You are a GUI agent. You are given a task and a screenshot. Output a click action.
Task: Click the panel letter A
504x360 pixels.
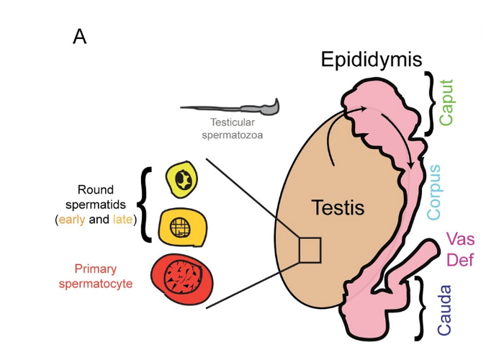coord(79,37)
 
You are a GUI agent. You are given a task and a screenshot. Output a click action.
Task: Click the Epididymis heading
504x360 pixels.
coord(371,59)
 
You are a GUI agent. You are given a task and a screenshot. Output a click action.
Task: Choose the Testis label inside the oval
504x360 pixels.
coord(338,209)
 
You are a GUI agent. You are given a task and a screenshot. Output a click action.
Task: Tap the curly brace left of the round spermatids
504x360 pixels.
coord(147,204)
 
